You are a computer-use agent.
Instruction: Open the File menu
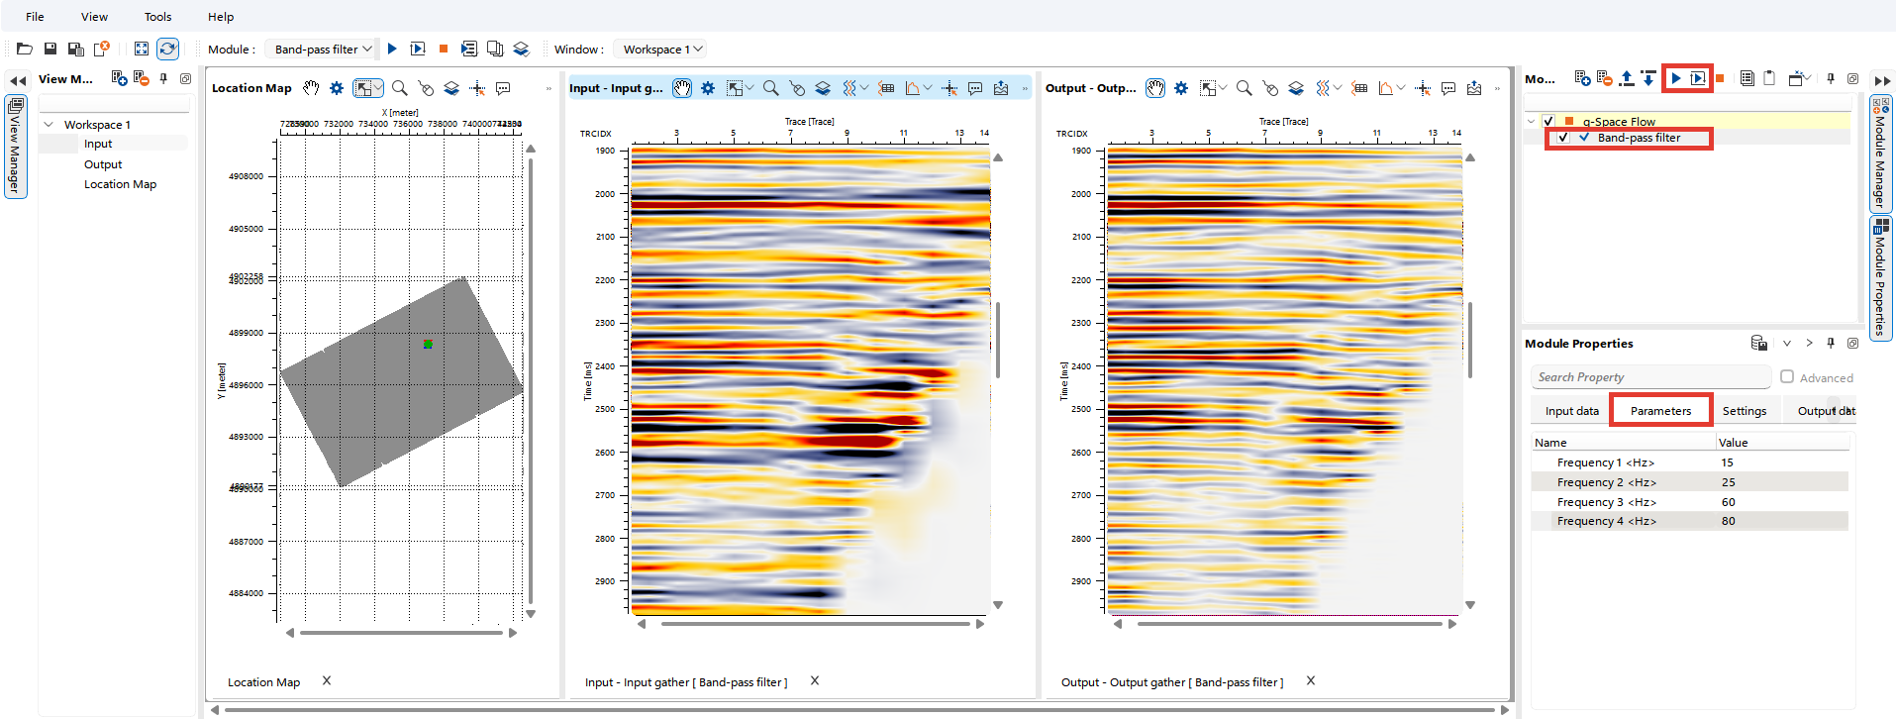pos(35,17)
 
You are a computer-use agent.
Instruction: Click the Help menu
pos(221,17)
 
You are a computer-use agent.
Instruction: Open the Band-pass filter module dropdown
pos(323,49)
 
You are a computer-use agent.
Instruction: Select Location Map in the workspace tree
pos(120,184)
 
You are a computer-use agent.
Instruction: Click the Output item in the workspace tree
pos(103,164)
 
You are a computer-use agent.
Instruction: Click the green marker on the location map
pos(428,344)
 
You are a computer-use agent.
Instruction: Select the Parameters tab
pos(1660,411)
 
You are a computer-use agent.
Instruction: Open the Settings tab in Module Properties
pos(1744,411)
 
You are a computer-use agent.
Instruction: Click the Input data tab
pos(1571,411)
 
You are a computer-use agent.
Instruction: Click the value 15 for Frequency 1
pos(1727,462)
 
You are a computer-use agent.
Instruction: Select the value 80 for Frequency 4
pos(1728,521)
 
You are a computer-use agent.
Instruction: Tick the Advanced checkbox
pos(1787,377)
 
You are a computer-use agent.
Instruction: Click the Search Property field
pos(1648,377)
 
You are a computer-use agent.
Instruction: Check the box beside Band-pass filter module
pos(1562,138)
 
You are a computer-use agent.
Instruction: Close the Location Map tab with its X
pos(327,680)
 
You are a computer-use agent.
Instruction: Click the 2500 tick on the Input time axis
pos(605,409)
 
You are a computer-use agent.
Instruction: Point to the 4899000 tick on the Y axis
pos(247,333)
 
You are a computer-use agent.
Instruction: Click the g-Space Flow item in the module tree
pos(1619,122)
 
